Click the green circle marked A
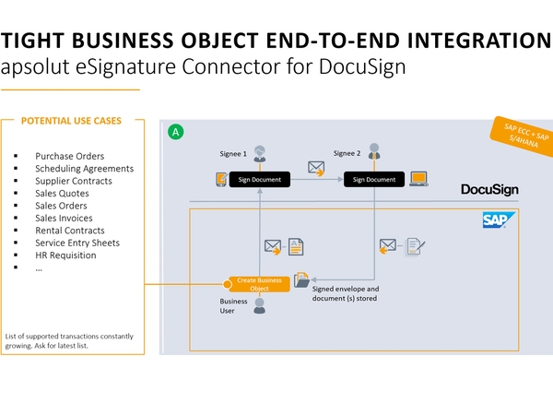point(175,133)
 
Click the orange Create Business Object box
point(259,283)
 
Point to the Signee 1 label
point(231,154)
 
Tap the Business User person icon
point(259,306)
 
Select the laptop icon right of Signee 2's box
point(418,178)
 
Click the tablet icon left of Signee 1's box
point(219,179)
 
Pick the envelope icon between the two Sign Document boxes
point(316,169)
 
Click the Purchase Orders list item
point(69,156)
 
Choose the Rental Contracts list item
point(70,231)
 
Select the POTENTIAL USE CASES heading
point(71,121)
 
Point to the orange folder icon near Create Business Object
point(303,283)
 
